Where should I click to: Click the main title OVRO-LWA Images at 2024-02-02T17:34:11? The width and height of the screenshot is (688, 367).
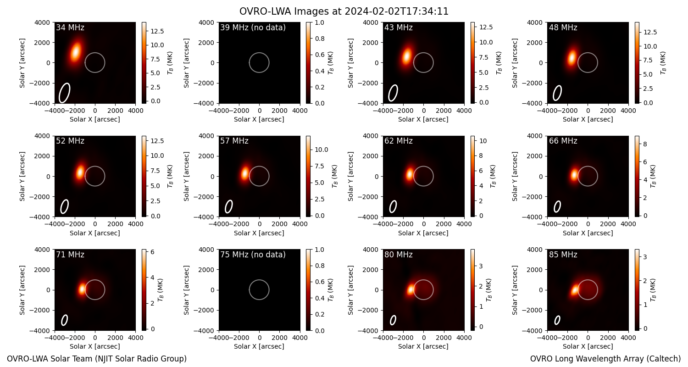tap(344, 11)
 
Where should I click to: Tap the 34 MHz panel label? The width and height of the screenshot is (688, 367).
tap(70, 28)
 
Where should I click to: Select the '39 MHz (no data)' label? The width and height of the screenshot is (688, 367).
tap(253, 28)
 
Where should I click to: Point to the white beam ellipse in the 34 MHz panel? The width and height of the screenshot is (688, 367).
tap(65, 93)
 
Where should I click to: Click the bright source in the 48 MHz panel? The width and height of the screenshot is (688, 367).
tap(571, 58)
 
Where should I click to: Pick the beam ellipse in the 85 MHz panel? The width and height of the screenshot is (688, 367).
tap(557, 320)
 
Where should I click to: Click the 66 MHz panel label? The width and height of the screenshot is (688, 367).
tap(563, 141)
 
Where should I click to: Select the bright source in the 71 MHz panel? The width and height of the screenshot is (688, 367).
tap(82, 289)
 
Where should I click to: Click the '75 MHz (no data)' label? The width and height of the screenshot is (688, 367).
tap(253, 255)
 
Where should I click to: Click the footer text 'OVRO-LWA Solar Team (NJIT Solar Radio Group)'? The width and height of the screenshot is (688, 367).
tap(97, 359)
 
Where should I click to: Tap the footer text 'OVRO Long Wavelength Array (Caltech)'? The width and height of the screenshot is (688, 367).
tap(605, 359)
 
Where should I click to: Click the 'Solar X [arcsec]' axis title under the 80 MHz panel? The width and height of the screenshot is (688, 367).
tap(423, 346)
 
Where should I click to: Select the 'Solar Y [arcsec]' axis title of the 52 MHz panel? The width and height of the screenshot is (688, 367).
tap(22, 176)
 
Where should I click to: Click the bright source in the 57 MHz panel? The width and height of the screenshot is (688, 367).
tap(245, 173)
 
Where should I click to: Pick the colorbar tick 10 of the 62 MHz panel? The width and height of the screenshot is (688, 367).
tap(483, 141)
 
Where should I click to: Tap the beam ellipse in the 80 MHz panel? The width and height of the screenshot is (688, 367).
tap(393, 320)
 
